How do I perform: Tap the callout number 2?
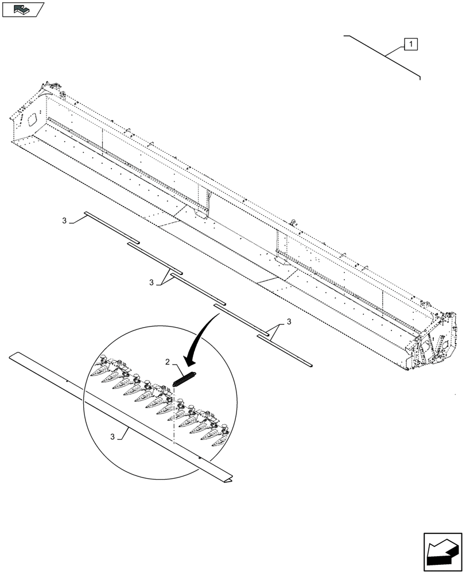pos(167,362)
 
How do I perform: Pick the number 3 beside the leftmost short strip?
pos(65,220)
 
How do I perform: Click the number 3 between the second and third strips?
pos(152,282)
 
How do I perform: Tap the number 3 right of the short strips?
pos(289,322)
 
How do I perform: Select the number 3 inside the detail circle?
pos(113,437)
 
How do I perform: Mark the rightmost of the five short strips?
pos(284,350)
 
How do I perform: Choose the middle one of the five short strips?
pos(199,290)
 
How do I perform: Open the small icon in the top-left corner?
pos(22,9)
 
